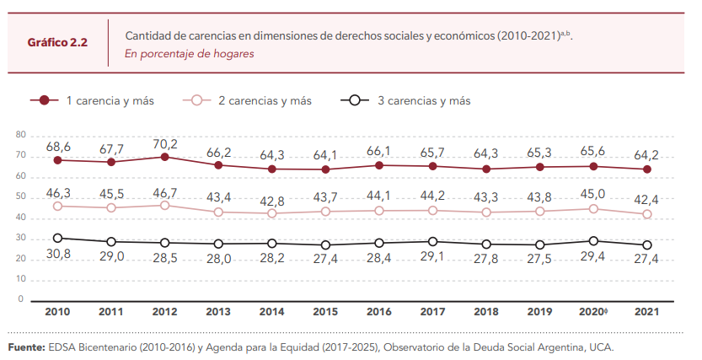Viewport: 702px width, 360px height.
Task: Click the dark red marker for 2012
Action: (x=164, y=157)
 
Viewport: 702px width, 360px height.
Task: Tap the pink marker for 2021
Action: (x=646, y=214)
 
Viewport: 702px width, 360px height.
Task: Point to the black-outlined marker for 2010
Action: (x=57, y=238)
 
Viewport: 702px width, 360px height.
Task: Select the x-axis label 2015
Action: (x=325, y=312)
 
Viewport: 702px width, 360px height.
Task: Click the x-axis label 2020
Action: (x=593, y=312)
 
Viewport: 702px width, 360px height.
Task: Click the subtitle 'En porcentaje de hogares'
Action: (x=190, y=53)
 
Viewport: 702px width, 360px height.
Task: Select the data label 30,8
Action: (x=57, y=255)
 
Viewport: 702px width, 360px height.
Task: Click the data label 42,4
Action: (x=646, y=199)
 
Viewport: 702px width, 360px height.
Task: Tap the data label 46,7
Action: (x=164, y=193)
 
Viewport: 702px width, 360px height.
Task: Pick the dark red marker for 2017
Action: (x=432, y=166)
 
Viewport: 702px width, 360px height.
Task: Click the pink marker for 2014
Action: (x=271, y=213)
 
